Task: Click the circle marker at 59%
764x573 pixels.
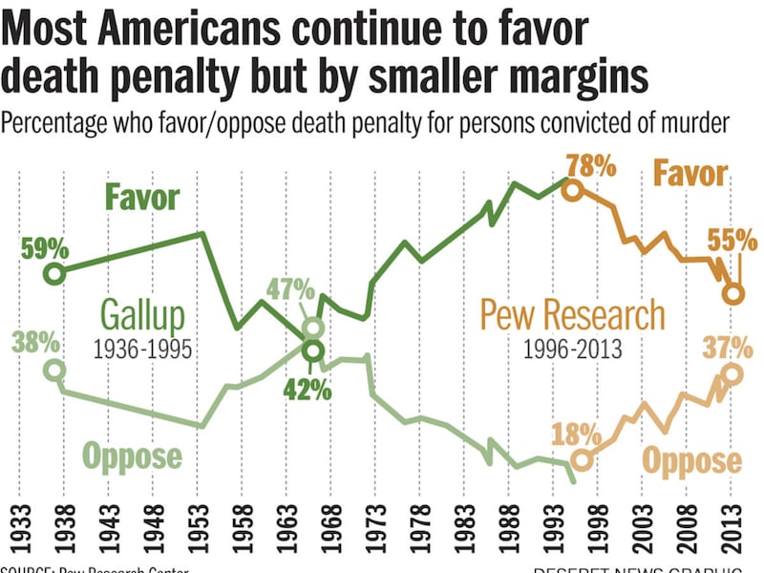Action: [x=53, y=273]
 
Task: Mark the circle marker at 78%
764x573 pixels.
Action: [x=571, y=189]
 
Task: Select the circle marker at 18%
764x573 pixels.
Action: [x=583, y=461]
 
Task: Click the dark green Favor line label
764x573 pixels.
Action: [x=142, y=199]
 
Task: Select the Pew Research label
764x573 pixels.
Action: [x=573, y=314]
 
